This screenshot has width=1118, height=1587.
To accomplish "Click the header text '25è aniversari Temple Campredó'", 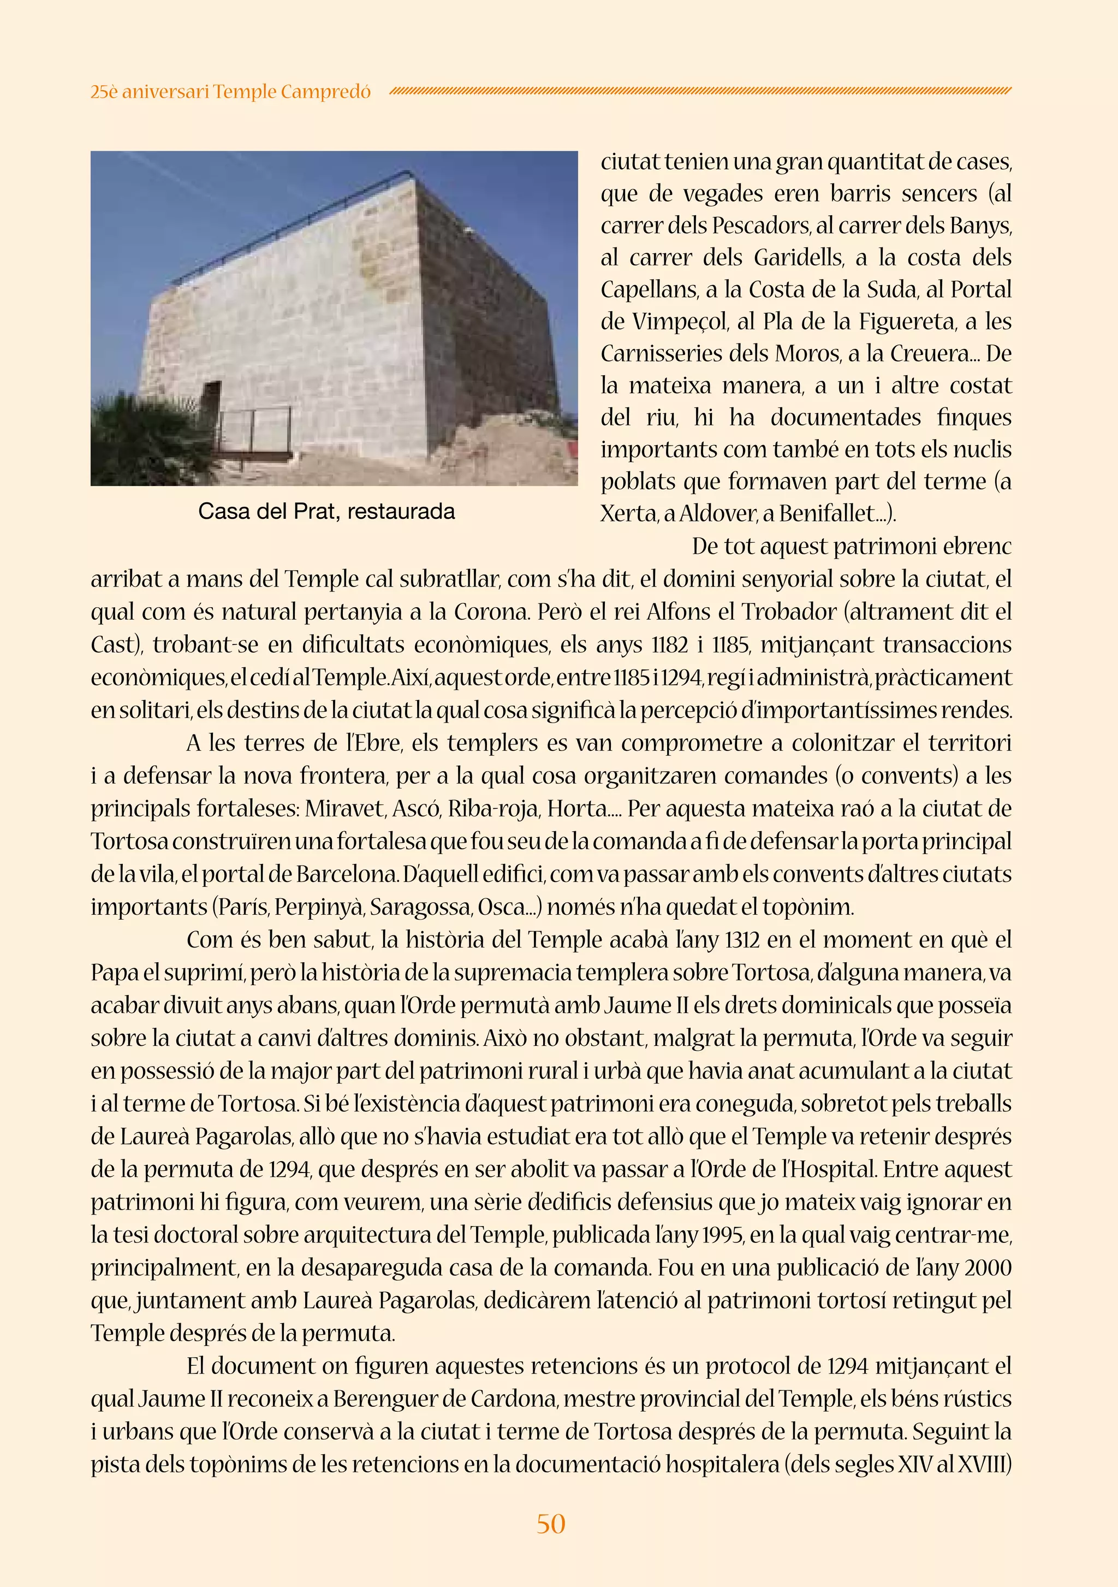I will [x=230, y=91].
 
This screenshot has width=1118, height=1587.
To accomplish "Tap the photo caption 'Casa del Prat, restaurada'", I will [x=326, y=512].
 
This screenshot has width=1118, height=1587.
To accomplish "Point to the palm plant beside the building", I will [x=148, y=442].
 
